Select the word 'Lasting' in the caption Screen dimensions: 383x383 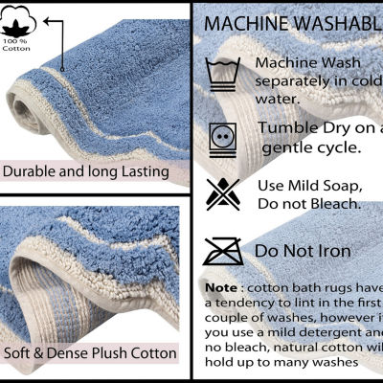pos(140,172)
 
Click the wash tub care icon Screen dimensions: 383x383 pos(221,75)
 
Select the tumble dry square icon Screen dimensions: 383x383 pos(221,136)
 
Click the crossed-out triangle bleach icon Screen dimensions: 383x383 pos(221,194)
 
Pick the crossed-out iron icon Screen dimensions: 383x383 pos(221,251)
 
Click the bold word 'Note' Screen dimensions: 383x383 pos(219,287)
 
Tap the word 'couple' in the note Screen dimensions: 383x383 pos(225,317)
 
